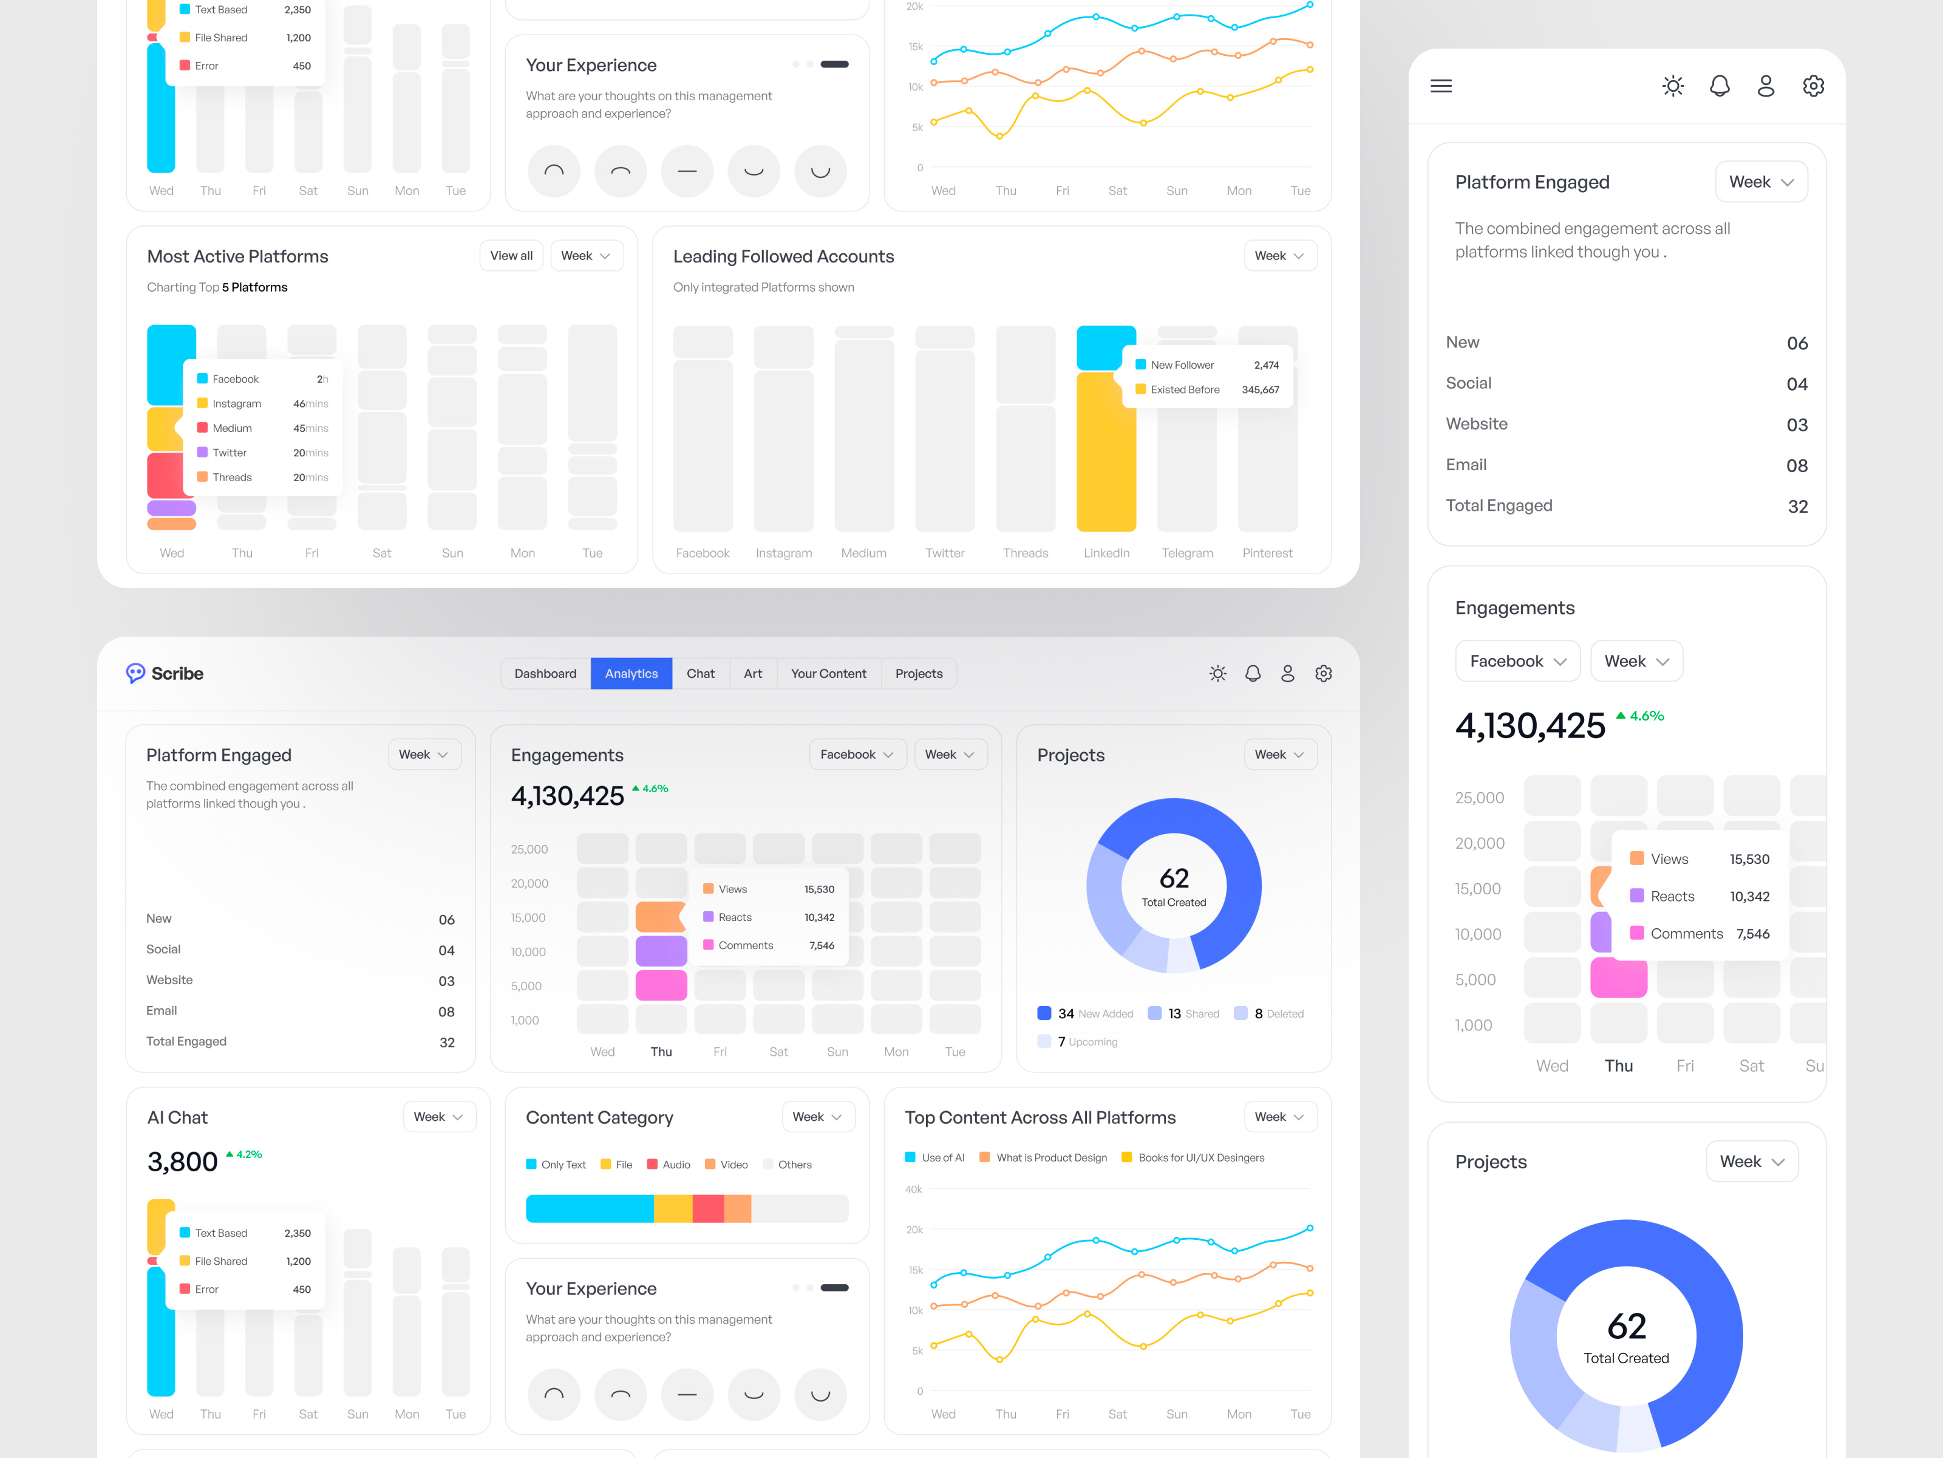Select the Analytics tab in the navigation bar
(631, 673)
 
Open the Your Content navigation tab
(828, 673)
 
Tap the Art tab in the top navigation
(753, 673)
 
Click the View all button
(511, 256)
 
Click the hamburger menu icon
(1441, 86)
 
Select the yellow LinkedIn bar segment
(1105, 451)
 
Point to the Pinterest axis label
(1267, 553)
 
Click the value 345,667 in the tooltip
(1260, 389)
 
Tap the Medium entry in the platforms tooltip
(232, 428)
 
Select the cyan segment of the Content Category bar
(588, 1208)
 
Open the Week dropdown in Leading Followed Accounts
(1279, 256)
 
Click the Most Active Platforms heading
(237, 256)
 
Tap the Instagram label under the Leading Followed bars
(783, 553)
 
